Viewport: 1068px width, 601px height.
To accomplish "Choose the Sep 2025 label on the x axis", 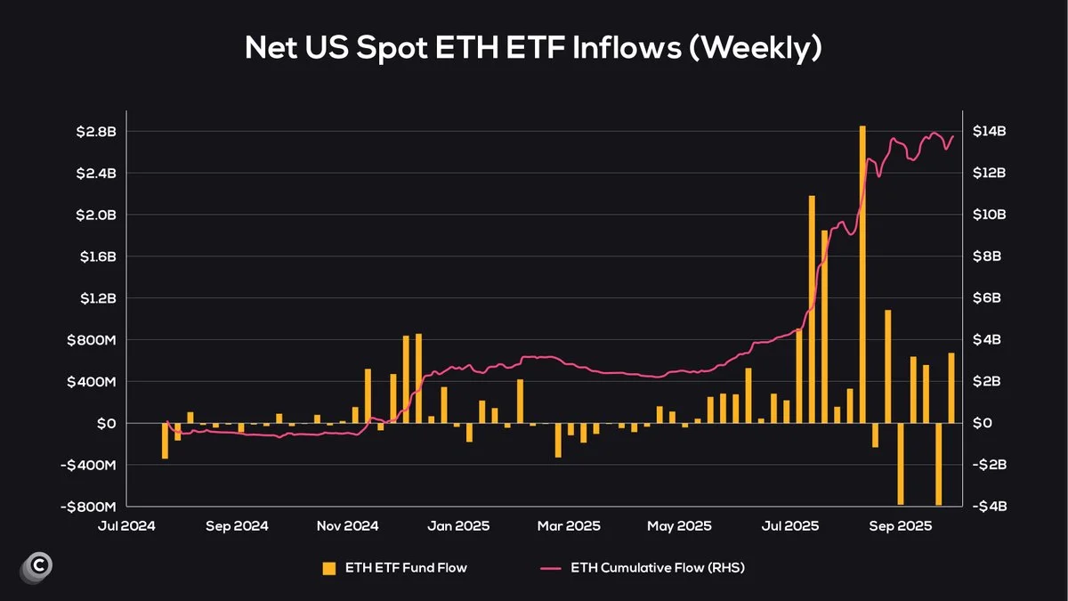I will [902, 526].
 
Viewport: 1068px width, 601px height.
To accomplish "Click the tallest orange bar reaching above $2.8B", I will [862, 267].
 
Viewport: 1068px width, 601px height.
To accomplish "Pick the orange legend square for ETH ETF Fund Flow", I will [329, 568].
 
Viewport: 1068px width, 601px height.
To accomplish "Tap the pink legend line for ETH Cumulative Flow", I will [551, 568].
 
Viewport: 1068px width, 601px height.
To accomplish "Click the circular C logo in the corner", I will [36, 565].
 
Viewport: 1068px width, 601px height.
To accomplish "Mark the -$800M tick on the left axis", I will [93, 507].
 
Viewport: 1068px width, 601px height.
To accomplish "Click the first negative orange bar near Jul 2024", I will [165, 441].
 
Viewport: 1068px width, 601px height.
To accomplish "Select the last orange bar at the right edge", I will [951, 388].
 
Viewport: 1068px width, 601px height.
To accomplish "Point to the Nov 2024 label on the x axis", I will [347, 526].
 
